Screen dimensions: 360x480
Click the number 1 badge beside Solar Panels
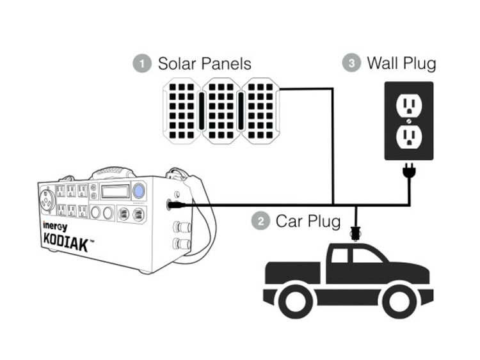(x=141, y=63)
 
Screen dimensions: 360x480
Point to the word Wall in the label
(x=382, y=63)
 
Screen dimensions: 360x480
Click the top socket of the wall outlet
(x=408, y=105)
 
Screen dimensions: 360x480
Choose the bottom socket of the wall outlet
(x=408, y=136)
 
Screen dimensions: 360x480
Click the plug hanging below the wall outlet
(x=408, y=171)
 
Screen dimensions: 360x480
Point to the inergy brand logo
(x=56, y=226)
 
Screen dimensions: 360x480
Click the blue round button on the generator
(x=139, y=191)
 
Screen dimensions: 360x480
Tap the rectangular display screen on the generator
(x=115, y=191)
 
